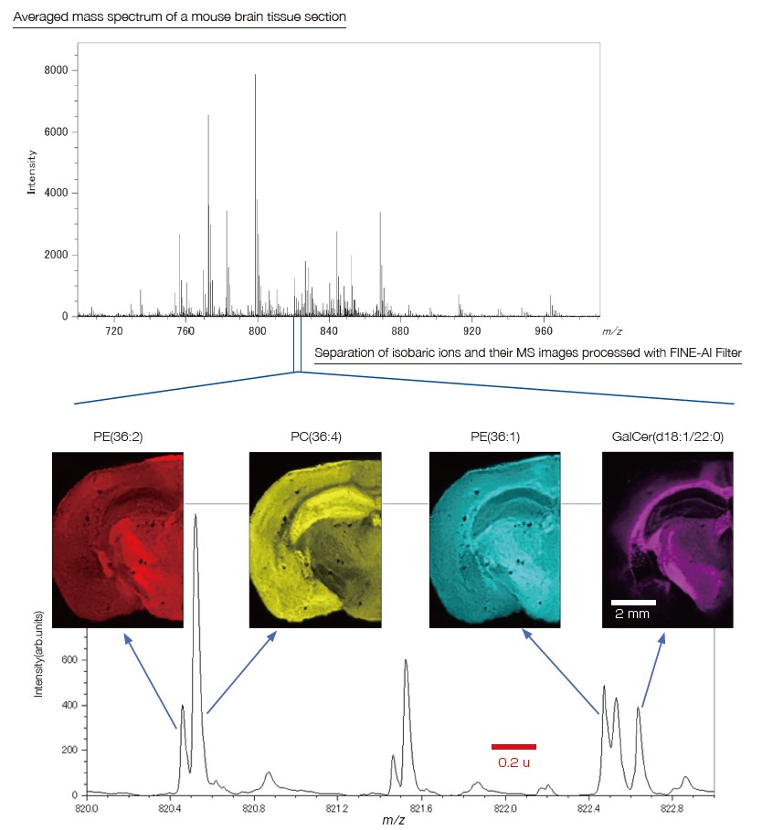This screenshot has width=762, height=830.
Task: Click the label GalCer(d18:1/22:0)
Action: click(668, 438)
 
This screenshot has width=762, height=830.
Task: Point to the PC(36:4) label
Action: click(314, 438)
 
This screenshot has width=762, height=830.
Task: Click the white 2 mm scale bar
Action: click(632, 603)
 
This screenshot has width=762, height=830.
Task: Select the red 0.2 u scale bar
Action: click(513, 747)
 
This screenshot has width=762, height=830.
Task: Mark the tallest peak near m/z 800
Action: click(255, 76)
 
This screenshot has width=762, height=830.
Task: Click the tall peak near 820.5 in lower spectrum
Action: click(196, 517)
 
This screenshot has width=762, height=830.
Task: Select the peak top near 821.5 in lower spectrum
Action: click(405, 661)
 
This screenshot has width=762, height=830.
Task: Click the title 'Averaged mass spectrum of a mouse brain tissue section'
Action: click(179, 18)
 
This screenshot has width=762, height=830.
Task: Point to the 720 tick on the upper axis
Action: click(114, 330)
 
